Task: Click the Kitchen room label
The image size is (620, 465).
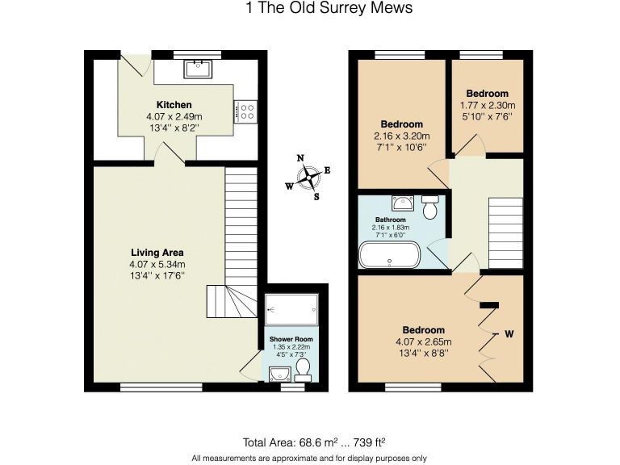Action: coord(174,105)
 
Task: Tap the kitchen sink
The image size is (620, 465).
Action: coord(198,69)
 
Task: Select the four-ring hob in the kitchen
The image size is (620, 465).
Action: coord(245,112)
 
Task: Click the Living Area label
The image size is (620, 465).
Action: coord(157,252)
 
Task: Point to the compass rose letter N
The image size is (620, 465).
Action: coord(300,158)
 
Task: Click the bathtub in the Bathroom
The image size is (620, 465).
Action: coord(389,254)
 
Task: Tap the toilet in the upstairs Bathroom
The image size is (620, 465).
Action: coord(429,207)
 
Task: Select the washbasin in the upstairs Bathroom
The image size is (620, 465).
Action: coord(403,203)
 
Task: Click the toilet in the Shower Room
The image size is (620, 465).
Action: coord(304,371)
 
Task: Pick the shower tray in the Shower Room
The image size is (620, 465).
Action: coord(291,310)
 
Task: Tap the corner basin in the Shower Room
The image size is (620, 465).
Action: coord(279,374)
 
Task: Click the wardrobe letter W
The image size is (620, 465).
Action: coord(509,334)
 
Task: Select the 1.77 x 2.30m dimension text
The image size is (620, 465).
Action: coord(488,106)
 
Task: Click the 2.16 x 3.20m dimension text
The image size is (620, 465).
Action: coord(402,136)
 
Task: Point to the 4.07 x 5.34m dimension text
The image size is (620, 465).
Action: coord(157,264)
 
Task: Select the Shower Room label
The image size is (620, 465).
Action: coord(291,339)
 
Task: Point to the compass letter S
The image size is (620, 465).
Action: coord(316,196)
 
